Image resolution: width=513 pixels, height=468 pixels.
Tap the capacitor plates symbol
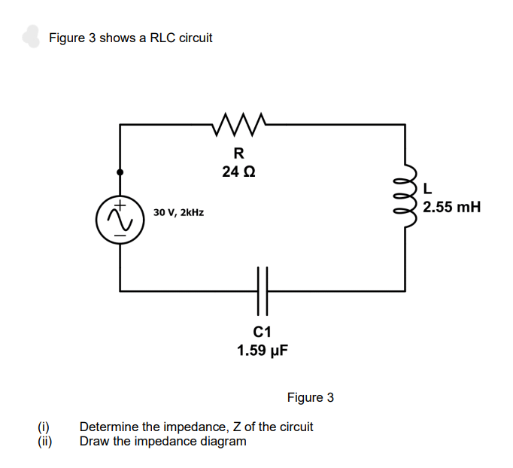click(x=263, y=290)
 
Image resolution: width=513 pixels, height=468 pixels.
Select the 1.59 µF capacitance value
click(x=263, y=350)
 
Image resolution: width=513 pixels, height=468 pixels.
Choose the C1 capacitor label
click(x=263, y=332)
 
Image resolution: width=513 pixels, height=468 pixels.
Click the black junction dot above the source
click(x=120, y=172)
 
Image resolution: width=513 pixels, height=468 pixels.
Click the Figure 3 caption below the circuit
click(x=310, y=397)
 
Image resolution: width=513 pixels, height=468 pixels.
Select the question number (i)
click(x=44, y=427)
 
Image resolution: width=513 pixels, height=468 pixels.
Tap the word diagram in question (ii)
click(x=223, y=440)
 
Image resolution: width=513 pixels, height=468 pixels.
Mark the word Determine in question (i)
click(x=107, y=427)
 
